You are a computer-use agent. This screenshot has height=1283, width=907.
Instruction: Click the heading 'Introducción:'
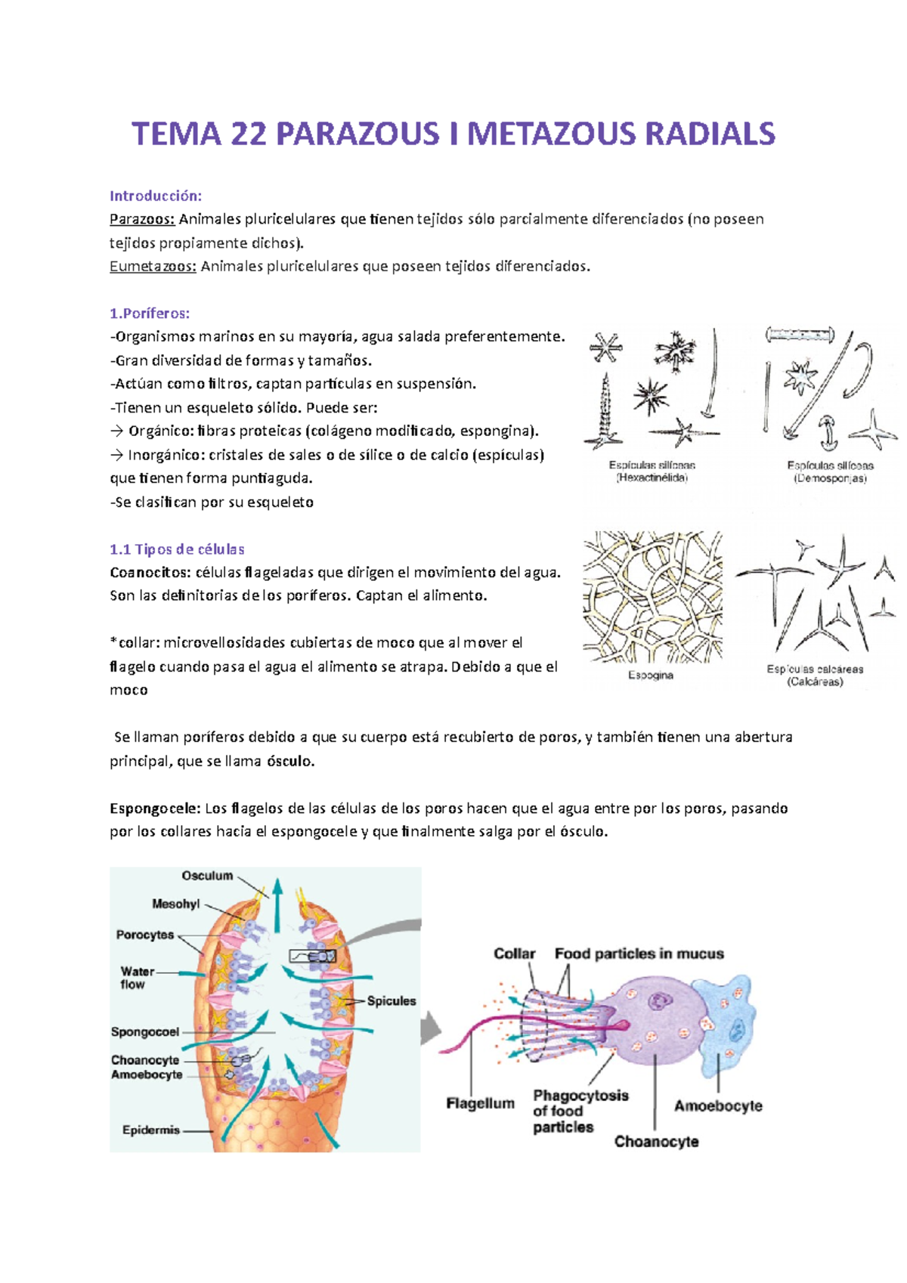click(x=156, y=196)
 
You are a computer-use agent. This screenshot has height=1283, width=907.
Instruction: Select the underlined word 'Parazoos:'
click(x=142, y=219)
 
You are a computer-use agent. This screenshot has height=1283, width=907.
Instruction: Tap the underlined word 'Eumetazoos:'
click(x=153, y=266)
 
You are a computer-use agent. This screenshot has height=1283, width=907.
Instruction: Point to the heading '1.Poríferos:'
click(x=150, y=313)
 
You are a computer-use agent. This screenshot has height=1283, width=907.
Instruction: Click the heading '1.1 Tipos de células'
click(x=177, y=549)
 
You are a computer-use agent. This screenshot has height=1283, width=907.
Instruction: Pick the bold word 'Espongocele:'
click(x=155, y=808)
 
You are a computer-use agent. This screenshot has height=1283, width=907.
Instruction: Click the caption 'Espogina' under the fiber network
click(x=651, y=676)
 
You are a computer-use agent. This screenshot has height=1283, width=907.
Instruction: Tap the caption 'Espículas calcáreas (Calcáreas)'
click(x=815, y=676)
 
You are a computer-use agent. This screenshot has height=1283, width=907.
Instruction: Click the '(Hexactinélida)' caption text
click(x=652, y=478)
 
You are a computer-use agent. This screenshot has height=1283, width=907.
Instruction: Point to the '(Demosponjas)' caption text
click(x=830, y=478)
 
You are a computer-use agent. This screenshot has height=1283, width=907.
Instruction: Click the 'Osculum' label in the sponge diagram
click(x=207, y=876)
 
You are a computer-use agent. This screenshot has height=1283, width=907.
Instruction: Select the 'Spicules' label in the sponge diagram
click(x=392, y=1001)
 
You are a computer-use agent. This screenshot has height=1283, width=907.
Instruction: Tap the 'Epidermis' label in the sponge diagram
click(x=151, y=1130)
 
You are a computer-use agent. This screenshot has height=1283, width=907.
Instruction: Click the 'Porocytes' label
click(x=145, y=935)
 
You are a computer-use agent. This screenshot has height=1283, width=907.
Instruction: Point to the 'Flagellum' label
click(x=480, y=1104)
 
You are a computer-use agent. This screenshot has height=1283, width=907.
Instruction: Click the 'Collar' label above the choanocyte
click(x=515, y=954)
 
